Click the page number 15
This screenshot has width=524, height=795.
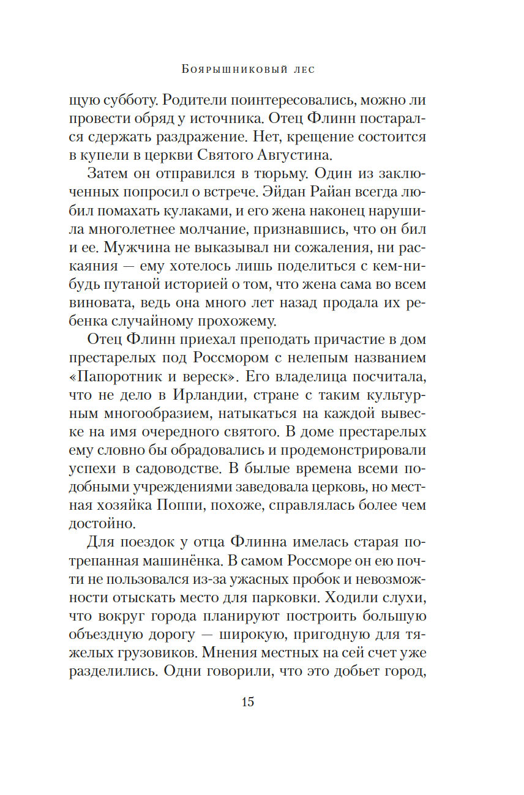tap(247, 702)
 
